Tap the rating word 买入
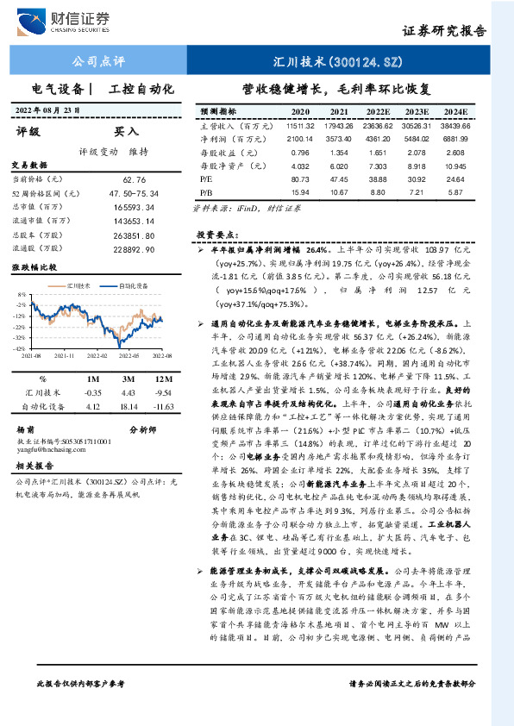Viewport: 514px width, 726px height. coord(126,132)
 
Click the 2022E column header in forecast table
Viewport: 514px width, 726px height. coord(378,112)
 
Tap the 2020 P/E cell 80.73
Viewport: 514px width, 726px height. coord(300,178)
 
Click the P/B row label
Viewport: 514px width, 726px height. coord(206,191)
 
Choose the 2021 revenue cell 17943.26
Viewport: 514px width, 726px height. coord(338,126)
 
